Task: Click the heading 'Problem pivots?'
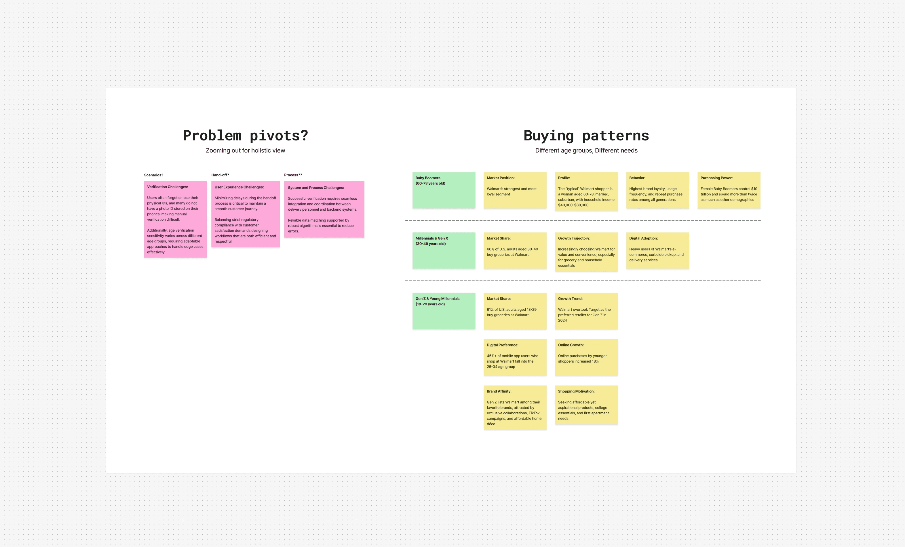click(245, 136)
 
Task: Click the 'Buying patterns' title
click(586, 136)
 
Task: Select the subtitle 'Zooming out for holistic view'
click(245, 150)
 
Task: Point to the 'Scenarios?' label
click(153, 175)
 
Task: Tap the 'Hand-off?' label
click(220, 175)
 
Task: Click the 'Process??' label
click(293, 175)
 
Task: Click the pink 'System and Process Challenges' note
click(324, 209)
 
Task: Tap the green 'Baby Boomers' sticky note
click(444, 190)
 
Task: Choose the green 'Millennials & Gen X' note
click(444, 250)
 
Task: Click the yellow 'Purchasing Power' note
click(729, 190)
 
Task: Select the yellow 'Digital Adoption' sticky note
click(657, 250)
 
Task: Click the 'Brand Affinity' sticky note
click(515, 407)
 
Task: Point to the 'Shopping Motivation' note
click(586, 405)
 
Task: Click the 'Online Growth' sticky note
click(586, 357)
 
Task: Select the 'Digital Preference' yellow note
click(515, 357)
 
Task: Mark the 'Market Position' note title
click(501, 178)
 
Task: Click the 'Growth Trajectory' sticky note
click(586, 251)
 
